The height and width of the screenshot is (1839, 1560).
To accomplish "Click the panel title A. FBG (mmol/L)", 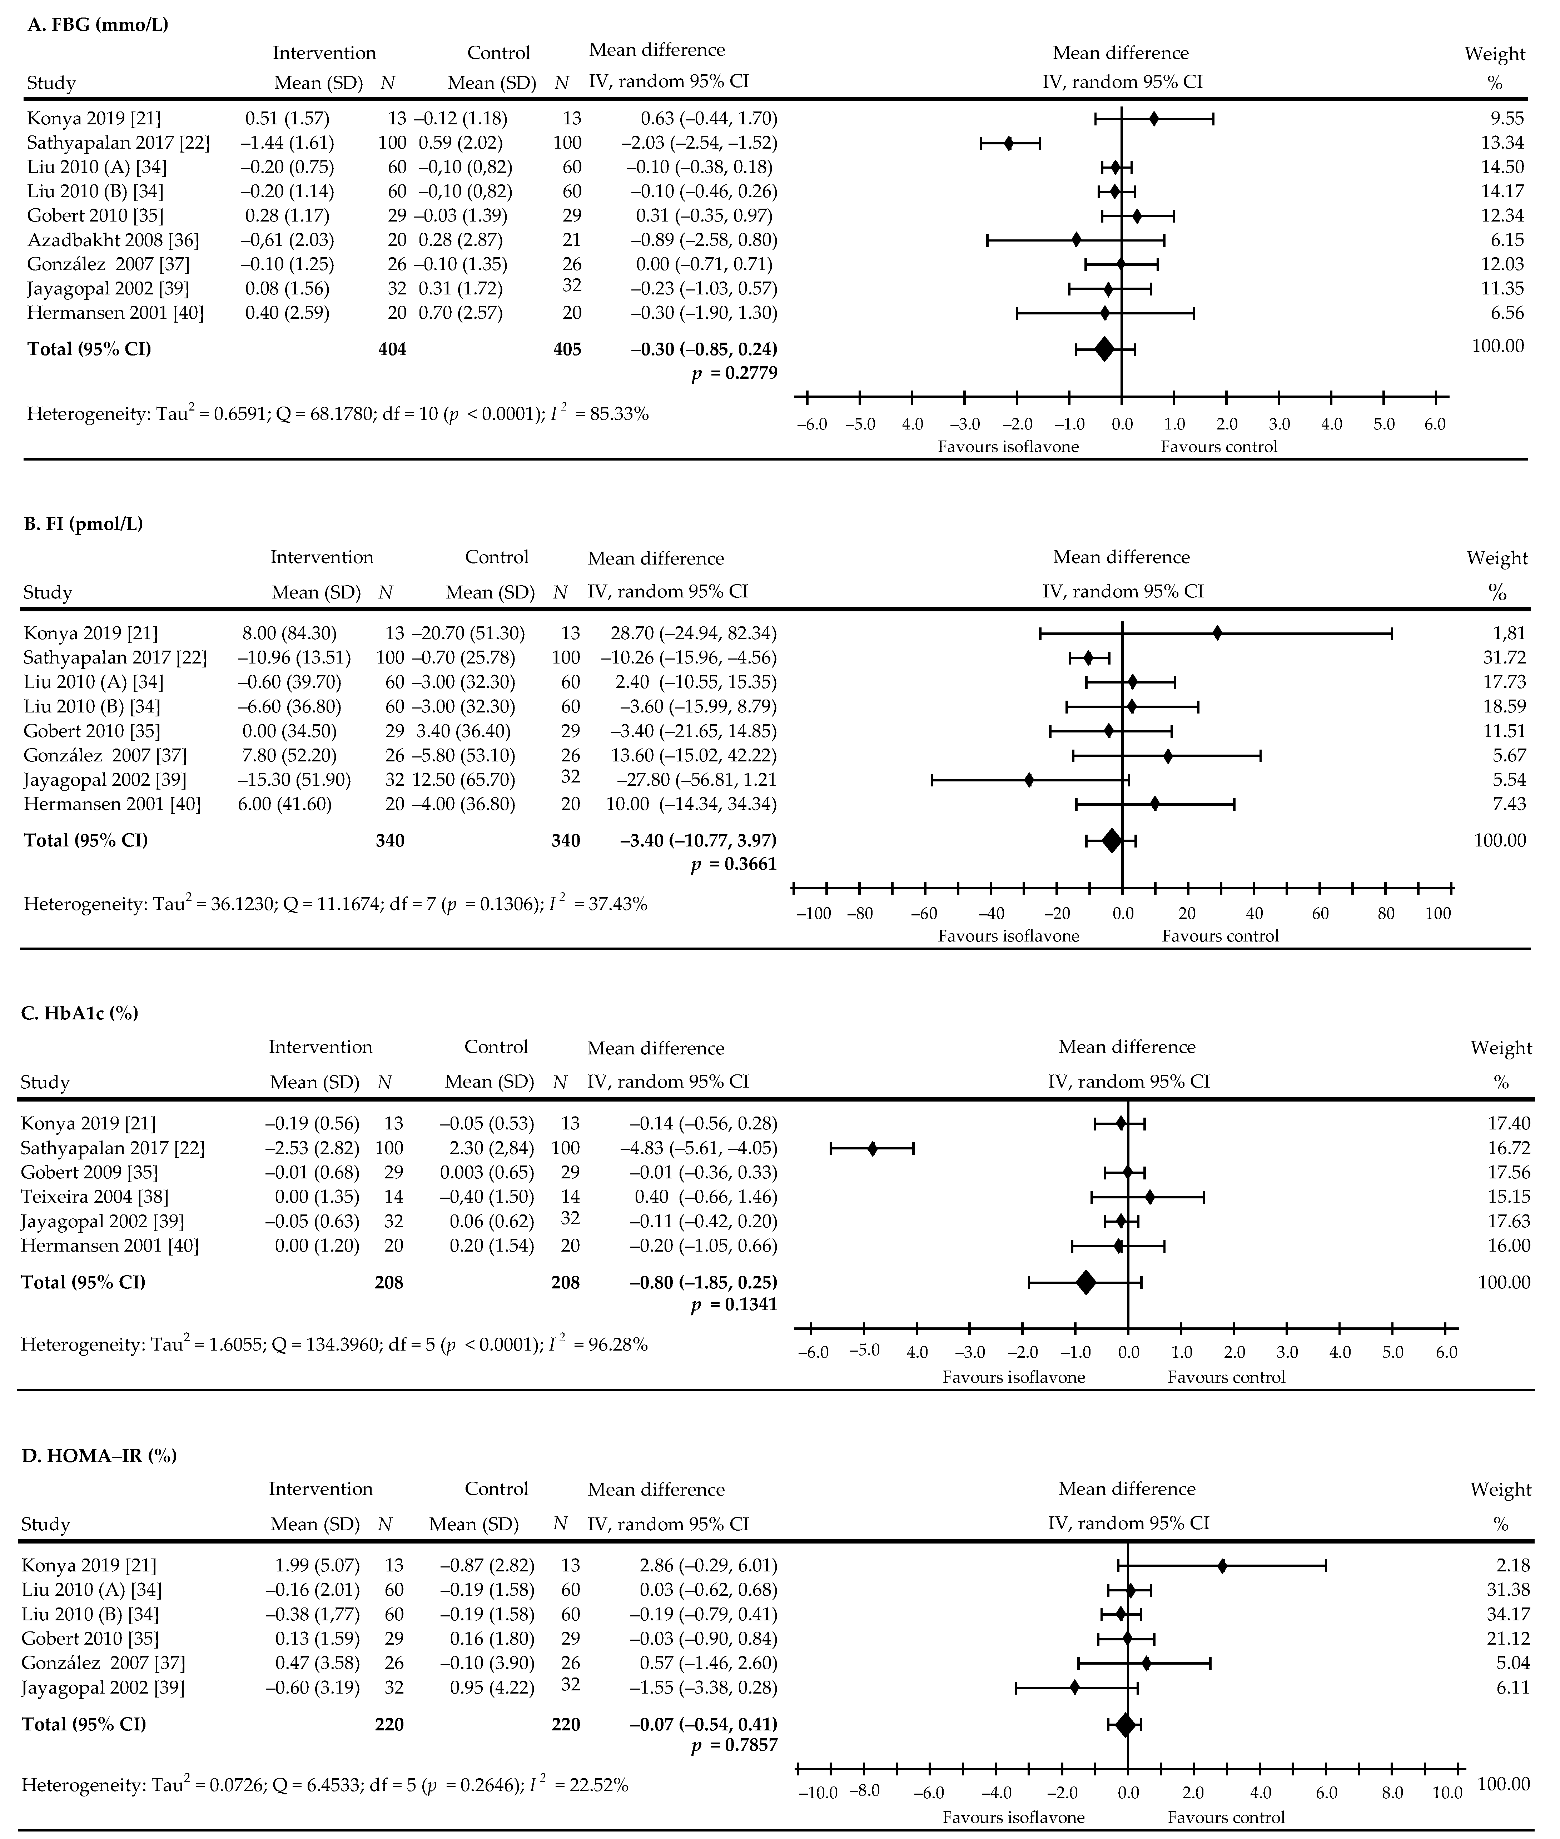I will click(97, 25).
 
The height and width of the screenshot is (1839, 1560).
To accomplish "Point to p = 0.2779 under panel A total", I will click(734, 373).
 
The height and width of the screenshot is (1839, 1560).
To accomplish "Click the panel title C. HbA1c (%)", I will click(80, 1013).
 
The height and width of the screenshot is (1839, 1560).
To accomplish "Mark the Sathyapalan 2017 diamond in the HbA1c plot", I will click(872, 1148).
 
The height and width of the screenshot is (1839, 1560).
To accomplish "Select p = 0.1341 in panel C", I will click(734, 1304).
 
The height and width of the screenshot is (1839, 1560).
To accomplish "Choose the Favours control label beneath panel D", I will click(1226, 1817).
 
